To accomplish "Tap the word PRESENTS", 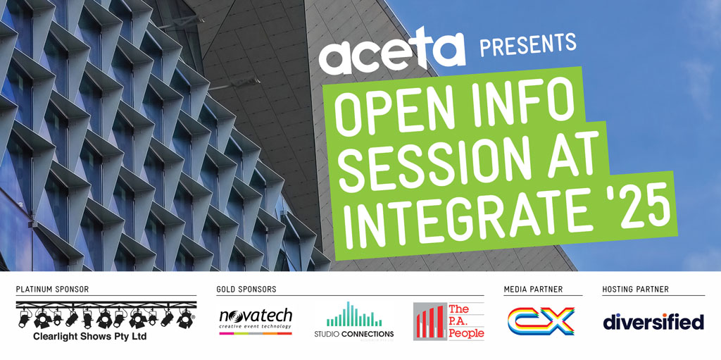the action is coord(528,45).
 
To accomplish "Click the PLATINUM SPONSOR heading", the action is coord(52,290).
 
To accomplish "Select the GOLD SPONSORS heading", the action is coord(246,290).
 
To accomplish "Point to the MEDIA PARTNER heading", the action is coord(534,290).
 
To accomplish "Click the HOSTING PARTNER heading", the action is coord(636,290).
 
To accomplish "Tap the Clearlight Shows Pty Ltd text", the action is coord(90,337).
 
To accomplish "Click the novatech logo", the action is coord(256,321).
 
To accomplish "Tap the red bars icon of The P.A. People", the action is coord(430,321).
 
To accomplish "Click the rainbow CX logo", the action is coord(540,321).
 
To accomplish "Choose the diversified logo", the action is coord(653,321).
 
